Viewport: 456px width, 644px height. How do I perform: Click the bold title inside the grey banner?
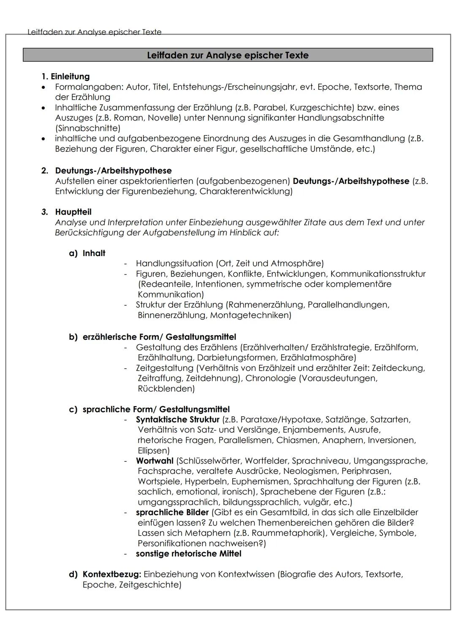coord(228,55)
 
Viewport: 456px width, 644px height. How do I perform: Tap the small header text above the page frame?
coord(94,32)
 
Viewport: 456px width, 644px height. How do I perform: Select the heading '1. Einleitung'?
coord(65,76)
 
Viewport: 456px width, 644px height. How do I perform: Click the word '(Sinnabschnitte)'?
coord(87,128)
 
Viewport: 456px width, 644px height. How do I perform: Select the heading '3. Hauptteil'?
coord(66,212)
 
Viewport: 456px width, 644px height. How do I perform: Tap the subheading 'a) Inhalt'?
coord(87,253)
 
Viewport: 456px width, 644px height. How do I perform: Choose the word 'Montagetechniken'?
coord(250,315)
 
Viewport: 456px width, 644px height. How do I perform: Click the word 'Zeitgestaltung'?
coord(165,368)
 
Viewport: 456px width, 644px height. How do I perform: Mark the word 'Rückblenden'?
coord(166,388)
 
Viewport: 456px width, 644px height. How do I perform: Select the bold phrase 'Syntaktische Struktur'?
coord(177,420)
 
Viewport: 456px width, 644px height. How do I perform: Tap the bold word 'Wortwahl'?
coord(154,461)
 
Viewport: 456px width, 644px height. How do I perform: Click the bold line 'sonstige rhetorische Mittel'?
coord(188,553)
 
